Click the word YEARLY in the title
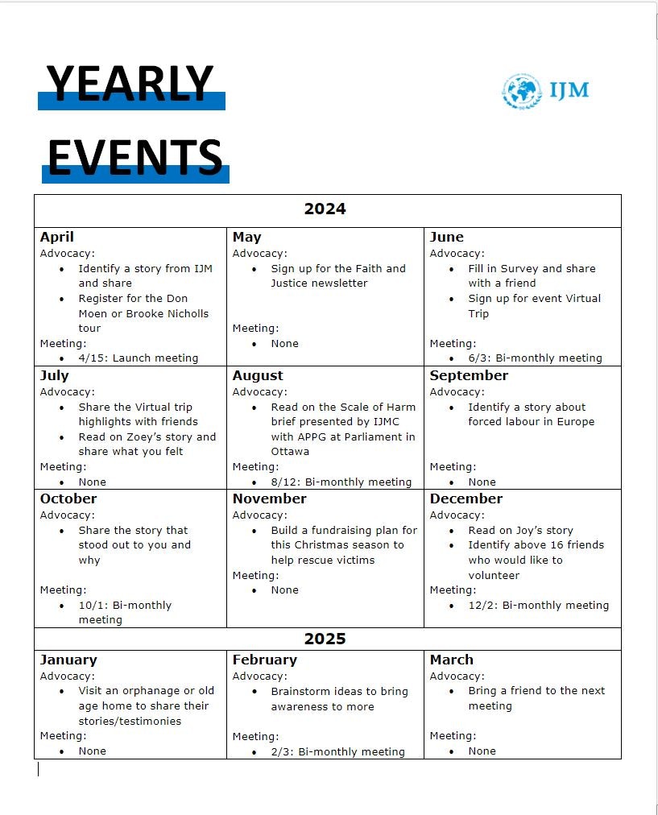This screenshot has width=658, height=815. pos(130,84)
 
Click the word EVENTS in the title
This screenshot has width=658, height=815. pos(134,156)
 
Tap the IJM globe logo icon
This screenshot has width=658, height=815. pos(522,90)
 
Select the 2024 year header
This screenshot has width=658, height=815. pos(325,209)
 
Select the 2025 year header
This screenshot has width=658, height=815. pos(325,639)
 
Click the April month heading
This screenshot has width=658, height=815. pos(56,237)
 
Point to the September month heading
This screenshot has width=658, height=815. pos(469,375)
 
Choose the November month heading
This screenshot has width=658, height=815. pos(269,499)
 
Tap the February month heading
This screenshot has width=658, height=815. pos(264,660)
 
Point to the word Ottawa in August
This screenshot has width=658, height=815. pos(290,451)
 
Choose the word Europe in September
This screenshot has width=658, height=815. pos(575,421)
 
